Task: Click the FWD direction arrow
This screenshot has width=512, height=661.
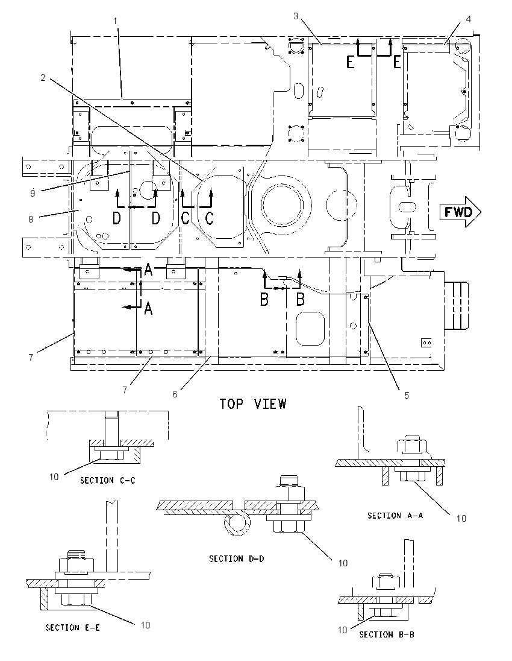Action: [460, 212]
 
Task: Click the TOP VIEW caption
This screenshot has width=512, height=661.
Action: [253, 404]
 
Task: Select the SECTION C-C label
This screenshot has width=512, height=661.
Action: [108, 480]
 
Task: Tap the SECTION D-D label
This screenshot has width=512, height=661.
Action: [237, 558]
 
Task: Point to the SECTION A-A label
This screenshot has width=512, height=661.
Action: [395, 515]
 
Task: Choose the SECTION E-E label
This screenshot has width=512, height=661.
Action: [73, 628]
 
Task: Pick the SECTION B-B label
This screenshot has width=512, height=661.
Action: [387, 634]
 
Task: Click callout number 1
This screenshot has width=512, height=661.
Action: [116, 21]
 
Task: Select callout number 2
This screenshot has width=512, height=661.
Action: [43, 78]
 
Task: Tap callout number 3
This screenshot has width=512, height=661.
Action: [296, 16]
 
